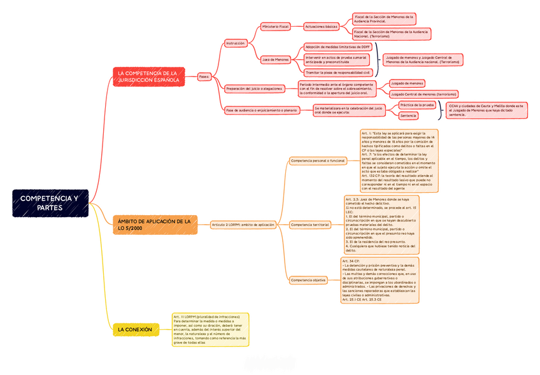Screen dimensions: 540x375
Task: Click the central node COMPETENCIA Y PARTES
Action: pyautogui.click(x=49, y=203)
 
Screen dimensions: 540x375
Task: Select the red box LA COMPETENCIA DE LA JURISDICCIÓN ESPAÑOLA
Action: pyautogui.click(x=148, y=77)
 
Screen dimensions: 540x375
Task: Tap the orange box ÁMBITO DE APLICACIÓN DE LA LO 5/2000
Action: pyautogui.click(x=153, y=224)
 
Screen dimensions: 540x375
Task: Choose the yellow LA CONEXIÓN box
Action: pyautogui.click(x=136, y=330)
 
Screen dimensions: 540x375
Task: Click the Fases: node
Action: pyautogui.click(x=204, y=76)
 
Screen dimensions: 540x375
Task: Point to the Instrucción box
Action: pyautogui.click(x=236, y=43)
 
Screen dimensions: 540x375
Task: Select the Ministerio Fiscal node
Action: pyautogui.click(x=276, y=27)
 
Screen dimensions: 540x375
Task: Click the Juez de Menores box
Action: pyautogui.click(x=276, y=60)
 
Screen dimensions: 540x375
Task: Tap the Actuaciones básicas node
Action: pyautogui.click(x=321, y=27)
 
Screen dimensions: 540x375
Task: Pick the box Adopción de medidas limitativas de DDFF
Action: pyautogui.click(x=337, y=46)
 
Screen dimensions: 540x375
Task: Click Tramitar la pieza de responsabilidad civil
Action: pyautogui.click(x=337, y=73)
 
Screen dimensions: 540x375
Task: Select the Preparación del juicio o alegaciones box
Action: pyautogui.click(x=254, y=88)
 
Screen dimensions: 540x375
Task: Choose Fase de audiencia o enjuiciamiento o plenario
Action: pyautogui.click(x=262, y=110)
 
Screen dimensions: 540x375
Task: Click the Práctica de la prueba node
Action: pyautogui.click(x=416, y=104)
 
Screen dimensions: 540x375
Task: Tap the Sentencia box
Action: pyautogui.click(x=408, y=116)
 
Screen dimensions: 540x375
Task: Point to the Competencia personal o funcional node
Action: pyautogui.click(x=318, y=161)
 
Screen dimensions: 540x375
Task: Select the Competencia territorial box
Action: pyautogui.click(x=310, y=225)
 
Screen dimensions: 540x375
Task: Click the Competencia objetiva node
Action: pyautogui.click(x=308, y=280)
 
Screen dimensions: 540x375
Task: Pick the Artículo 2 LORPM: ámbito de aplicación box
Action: pyautogui.click(x=243, y=225)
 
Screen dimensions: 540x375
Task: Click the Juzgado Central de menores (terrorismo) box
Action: pyautogui.click(x=423, y=94)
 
